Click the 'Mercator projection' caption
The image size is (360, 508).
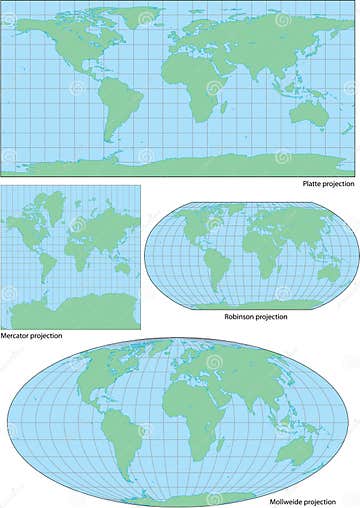point(32,337)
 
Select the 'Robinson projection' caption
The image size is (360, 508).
point(256,316)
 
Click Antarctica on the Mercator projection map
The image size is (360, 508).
point(70,313)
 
